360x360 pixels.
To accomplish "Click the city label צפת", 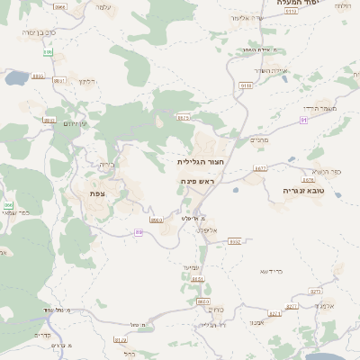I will pyautogui.click(x=98, y=193).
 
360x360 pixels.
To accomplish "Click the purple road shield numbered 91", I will pyautogui.click(x=304, y=119).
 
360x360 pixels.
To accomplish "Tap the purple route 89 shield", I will pyautogui.click(x=139, y=232).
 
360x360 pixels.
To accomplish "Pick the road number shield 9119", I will pyautogui.click(x=246, y=85).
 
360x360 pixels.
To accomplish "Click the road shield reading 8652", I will pyautogui.click(x=235, y=241).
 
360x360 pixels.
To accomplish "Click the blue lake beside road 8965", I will pyautogui.click(x=16, y=78).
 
